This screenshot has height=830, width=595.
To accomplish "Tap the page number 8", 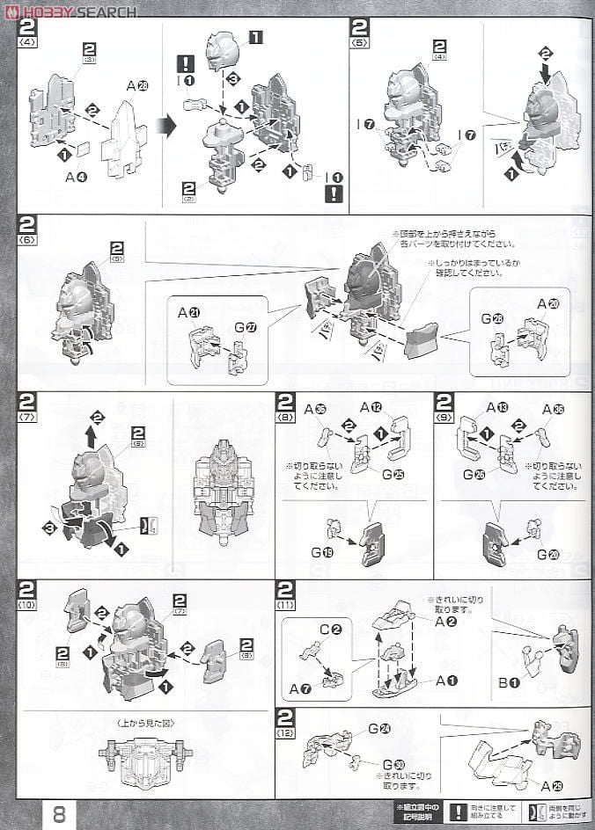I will pyautogui.click(x=59, y=813).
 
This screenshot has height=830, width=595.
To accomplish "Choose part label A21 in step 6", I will pyautogui.click(x=187, y=313).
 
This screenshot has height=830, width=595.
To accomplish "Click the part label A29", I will pyautogui.click(x=551, y=785).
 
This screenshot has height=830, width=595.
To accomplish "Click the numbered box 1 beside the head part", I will pyautogui.click(x=255, y=37).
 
